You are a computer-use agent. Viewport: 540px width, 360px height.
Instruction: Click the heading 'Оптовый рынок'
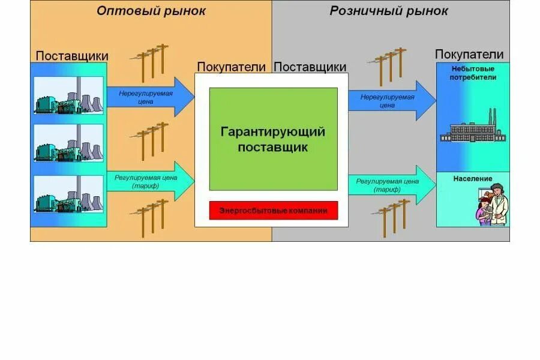pos(151,11)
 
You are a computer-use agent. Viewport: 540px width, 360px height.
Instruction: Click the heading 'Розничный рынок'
pos(389,11)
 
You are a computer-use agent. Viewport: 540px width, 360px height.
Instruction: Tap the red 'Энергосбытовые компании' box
pos(273,211)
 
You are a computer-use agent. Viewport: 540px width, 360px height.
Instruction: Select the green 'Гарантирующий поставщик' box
pos(273,139)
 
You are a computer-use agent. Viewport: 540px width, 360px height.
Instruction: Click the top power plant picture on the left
pos(68,95)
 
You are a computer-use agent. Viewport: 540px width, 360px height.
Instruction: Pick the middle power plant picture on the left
pos(68,144)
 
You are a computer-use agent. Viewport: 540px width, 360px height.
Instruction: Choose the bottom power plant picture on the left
pos(68,194)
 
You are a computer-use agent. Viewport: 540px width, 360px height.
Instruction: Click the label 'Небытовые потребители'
pos(473,73)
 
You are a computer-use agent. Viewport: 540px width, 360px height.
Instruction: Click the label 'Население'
pos(473,179)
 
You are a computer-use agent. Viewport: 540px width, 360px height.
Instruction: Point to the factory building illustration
pos(473,129)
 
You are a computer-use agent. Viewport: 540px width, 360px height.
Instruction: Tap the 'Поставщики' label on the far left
pos(68,56)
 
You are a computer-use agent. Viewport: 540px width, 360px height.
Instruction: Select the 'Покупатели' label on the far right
pos(472,55)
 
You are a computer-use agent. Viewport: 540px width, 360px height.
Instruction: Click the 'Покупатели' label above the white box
pos(231,67)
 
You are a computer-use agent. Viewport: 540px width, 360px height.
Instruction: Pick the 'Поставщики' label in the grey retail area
pos(310,67)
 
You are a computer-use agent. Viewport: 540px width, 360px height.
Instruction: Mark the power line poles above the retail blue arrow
pos(390,64)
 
